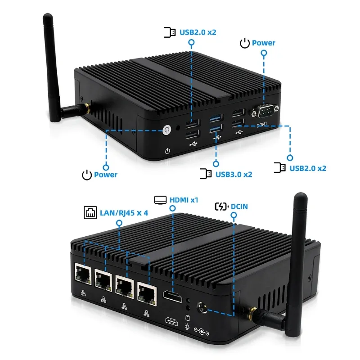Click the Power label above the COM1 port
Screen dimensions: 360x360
tap(263, 43)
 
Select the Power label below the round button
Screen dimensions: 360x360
tap(105, 175)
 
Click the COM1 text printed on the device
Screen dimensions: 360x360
tap(262, 124)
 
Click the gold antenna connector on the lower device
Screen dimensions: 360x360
tap(256, 313)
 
